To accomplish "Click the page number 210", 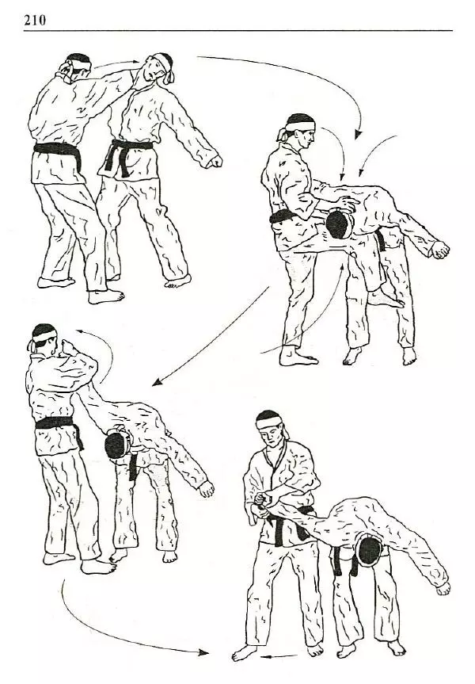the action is [x=35, y=20].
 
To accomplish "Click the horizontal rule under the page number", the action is [x=238, y=31].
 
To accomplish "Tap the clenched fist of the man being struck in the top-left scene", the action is [x=214, y=162].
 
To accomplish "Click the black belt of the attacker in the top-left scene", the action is [x=58, y=152].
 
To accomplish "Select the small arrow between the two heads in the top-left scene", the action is [x=117, y=63].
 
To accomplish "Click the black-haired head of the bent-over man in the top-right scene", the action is [x=339, y=224].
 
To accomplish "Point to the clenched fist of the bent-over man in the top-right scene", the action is [x=440, y=250].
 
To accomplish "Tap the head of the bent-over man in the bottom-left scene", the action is [x=118, y=444].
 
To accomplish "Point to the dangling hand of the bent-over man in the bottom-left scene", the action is [x=206, y=489].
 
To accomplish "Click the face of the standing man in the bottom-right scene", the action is [x=270, y=436].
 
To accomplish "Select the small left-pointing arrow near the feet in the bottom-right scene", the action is [x=279, y=656].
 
